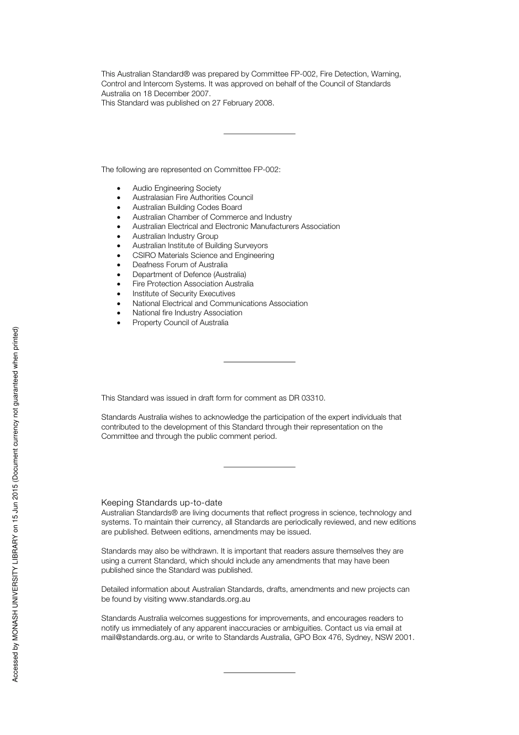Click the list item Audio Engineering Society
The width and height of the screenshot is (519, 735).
point(176,188)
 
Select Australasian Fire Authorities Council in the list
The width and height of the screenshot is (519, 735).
point(192,197)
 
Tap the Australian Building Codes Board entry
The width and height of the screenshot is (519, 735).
point(187,207)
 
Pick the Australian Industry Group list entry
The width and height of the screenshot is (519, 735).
point(175,236)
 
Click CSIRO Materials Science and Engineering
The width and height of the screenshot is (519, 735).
point(203,255)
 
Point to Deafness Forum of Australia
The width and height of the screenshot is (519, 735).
point(180,264)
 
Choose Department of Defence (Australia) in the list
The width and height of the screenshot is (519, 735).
point(189,274)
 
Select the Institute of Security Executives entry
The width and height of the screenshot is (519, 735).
point(184,293)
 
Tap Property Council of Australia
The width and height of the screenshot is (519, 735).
point(180,322)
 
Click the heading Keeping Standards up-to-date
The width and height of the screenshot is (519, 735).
point(162,503)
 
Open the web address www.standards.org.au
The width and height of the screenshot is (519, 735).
point(209,599)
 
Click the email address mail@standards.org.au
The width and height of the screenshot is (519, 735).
point(142,637)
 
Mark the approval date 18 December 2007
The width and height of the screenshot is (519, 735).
point(177,93)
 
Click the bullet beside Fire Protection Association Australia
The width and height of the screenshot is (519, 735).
point(119,284)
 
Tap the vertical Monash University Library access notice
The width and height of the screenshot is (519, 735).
point(15,504)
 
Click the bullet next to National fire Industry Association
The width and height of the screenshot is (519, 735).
point(119,313)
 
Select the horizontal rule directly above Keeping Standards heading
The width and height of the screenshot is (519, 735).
point(259,467)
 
